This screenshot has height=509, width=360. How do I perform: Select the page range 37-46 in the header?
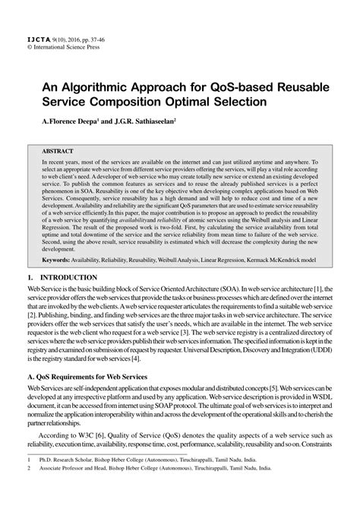[106, 37]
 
